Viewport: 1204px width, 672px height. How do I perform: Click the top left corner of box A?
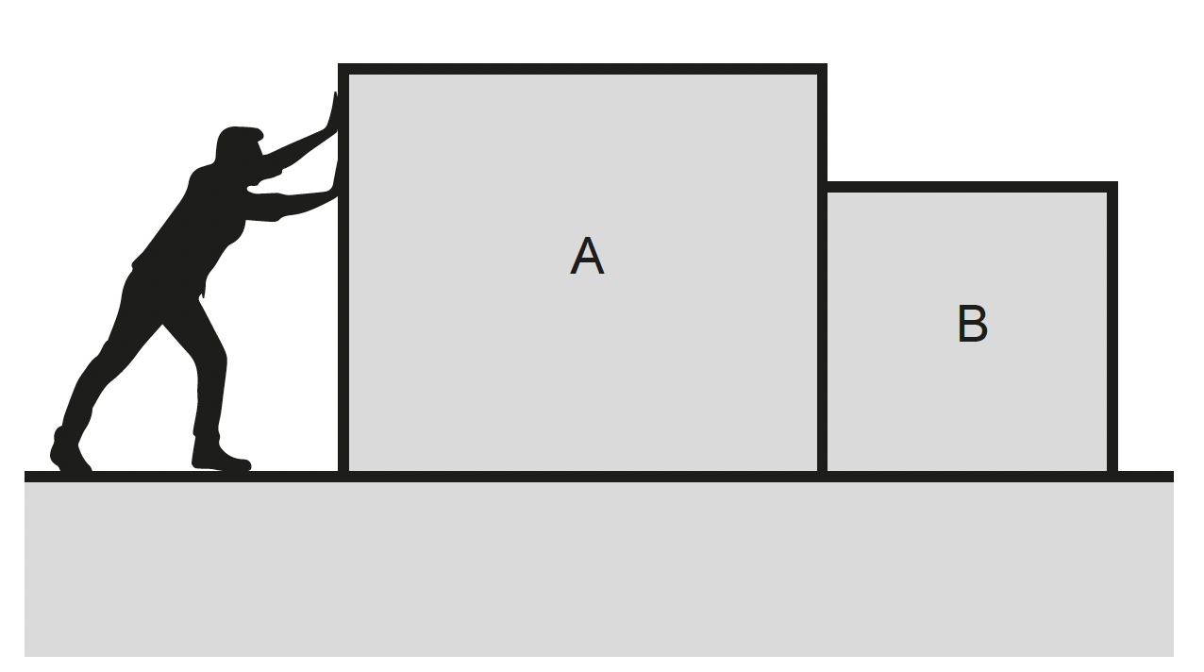(x=339, y=64)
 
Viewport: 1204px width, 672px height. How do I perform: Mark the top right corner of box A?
(x=827, y=64)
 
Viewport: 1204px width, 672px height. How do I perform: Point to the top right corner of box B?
(x=1117, y=182)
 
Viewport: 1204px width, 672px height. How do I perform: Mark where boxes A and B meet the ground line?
(x=822, y=477)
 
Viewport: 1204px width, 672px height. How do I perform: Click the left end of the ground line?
(x=25, y=477)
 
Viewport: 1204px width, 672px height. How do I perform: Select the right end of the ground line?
(x=1174, y=477)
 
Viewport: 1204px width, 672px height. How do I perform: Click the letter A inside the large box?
(x=587, y=256)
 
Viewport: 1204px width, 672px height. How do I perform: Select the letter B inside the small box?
(x=972, y=323)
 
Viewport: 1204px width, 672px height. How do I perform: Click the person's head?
(x=239, y=144)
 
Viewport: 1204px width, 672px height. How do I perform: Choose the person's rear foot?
(x=70, y=450)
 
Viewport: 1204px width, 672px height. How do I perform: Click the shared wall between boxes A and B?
(x=822, y=329)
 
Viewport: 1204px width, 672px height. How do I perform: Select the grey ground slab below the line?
(x=599, y=569)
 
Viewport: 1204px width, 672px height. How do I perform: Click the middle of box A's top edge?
(x=582, y=69)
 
